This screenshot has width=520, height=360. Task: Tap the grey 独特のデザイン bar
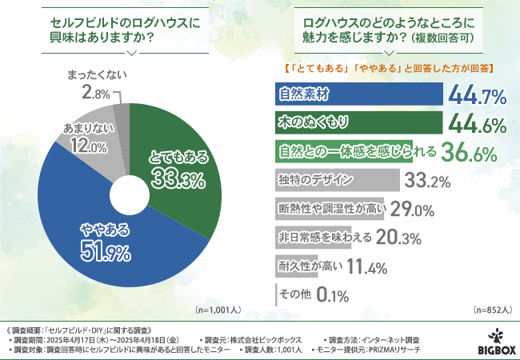click(x=337, y=178)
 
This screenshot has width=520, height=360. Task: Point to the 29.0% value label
click(x=411, y=210)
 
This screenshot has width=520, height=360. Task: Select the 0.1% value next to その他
click(x=331, y=295)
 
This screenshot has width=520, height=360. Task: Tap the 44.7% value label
click(x=477, y=97)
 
